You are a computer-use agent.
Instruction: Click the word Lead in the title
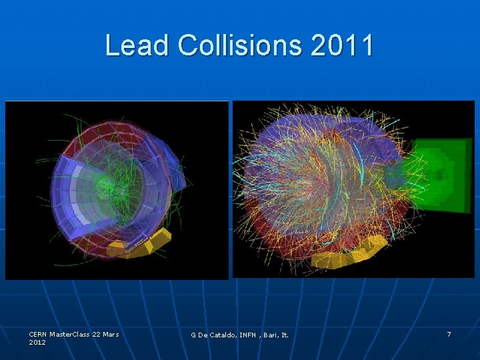[137, 45]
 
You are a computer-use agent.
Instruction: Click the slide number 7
[449, 334]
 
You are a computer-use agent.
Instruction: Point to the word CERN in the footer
[39, 334]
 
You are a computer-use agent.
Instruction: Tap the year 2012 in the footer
[37, 342]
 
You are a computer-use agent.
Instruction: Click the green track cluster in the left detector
[112, 180]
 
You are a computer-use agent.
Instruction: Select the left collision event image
[117, 190]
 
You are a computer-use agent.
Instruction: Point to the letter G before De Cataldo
[193, 335]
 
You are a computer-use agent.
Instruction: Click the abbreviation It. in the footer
[285, 335]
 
